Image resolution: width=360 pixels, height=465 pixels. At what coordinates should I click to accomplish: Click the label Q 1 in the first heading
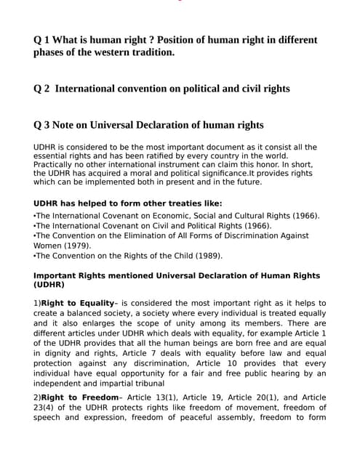click(x=42, y=39)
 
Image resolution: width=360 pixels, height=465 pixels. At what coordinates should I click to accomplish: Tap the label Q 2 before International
click(x=42, y=89)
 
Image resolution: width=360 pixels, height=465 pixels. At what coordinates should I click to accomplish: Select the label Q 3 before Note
click(x=42, y=124)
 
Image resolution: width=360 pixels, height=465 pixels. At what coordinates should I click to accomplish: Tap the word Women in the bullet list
click(x=48, y=246)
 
